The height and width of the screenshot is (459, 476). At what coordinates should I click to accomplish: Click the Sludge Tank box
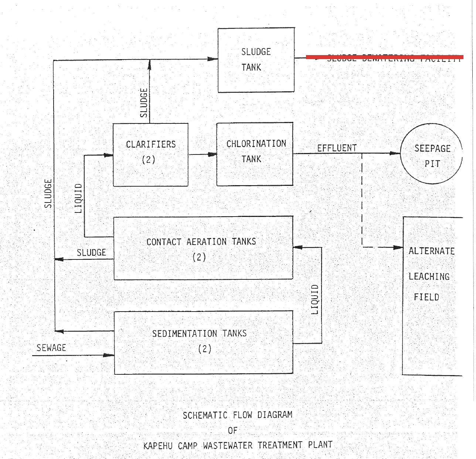(x=256, y=60)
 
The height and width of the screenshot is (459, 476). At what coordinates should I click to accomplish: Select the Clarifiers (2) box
(x=150, y=154)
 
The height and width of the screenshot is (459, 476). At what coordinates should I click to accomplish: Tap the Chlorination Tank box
(x=255, y=154)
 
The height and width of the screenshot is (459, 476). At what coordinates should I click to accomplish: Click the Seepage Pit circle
(x=431, y=153)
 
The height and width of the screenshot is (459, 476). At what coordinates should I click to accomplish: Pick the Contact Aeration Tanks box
(x=203, y=248)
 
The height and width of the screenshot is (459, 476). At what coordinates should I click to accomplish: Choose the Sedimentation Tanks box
(x=203, y=342)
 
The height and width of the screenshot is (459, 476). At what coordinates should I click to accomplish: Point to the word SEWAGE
(x=51, y=348)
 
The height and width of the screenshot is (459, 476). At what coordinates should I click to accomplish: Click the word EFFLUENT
(x=337, y=148)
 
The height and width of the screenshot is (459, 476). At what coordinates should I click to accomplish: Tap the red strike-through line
(x=384, y=57)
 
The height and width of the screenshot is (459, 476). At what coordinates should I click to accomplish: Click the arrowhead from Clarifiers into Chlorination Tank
(x=212, y=154)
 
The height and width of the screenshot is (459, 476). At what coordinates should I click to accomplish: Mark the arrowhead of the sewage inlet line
(x=109, y=355)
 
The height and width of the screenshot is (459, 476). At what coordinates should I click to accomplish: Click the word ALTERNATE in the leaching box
(x=431, y=251)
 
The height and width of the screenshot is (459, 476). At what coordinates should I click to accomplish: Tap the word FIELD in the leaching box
(x=426, y=297)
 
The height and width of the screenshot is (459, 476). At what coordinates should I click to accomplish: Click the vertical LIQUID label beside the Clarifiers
(x=78, y=198)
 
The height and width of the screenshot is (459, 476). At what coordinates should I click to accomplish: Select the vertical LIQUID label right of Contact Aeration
(x=315, y=299)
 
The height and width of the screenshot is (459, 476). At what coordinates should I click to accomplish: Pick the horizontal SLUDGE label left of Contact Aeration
(x=91, y=252)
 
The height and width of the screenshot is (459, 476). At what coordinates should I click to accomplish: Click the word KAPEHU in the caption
(x=158, y=446)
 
